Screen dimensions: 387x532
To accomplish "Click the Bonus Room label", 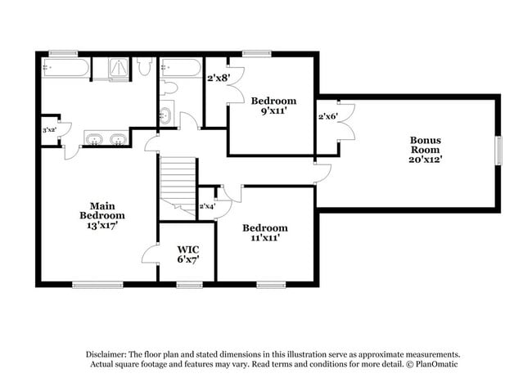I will pos(426,149).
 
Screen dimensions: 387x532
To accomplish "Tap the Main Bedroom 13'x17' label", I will pos(101,215).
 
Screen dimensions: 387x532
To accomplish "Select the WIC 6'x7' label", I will pos(188,253).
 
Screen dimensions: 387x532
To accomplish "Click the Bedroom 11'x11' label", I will pos(264,232).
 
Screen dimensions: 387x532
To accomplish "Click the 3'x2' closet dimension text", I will pos(50,130).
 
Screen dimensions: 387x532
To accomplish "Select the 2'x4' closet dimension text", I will pos(206,206).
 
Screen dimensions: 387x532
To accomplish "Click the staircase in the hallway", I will pos(178,181).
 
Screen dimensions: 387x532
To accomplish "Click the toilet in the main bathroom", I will pos(144,67).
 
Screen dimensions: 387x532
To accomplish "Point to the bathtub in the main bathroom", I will pos(63,69).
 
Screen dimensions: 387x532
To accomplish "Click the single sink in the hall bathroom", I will pos(165,114).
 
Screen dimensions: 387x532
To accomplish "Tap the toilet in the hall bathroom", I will pos(170,88).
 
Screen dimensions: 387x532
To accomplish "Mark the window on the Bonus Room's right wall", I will pos(498,151).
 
